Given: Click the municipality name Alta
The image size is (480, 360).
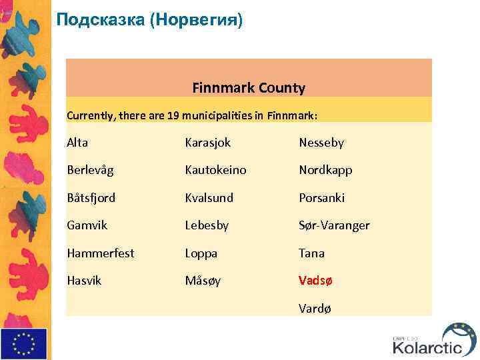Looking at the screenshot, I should click(77, 142).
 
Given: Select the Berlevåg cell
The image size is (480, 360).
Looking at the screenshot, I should click(90, 170).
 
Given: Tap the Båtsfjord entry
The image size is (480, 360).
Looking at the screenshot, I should click(91, 198).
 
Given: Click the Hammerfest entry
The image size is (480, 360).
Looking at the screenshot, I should click(100, 253).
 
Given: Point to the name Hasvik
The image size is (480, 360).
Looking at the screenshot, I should click(84, 281).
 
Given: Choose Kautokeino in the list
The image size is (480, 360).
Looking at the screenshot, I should click(215, 170).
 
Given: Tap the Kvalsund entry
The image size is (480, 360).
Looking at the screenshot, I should click(209, 198).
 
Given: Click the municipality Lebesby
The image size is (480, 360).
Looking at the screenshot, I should click(207, 225).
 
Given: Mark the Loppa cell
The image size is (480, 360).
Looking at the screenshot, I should click(201, 253).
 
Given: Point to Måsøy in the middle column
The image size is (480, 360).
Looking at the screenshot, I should click(203, 281).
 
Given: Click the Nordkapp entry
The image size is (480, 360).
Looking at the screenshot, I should click(325, 170).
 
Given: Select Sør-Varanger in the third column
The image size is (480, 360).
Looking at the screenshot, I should click(334, 225).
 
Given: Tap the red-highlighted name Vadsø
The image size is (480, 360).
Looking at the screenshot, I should click(315, 281).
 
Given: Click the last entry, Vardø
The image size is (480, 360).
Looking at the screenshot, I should click(315, 308).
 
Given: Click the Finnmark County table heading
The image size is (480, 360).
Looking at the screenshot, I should click(249, 87).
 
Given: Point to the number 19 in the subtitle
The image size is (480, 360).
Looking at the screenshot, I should click(173, 115).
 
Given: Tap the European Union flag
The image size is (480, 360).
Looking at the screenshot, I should click(24, 343).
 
